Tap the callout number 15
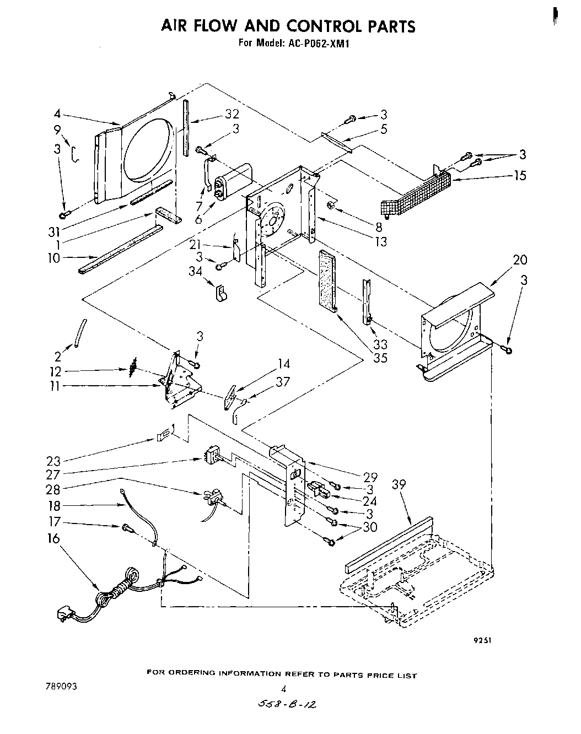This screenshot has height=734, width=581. pyautogui.click(x=519, y=176)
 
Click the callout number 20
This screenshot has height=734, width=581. pyautogui.click(x=520, y=260)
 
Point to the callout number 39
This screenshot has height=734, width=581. pyautogui.click(x=398, y=484)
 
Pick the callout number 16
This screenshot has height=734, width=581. pyautogui.click(x=53, y=539)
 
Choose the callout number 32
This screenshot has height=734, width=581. pyautogui.click(x=232, y=114)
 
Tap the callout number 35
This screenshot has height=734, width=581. pyautogui.click(x=380, y=358)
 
